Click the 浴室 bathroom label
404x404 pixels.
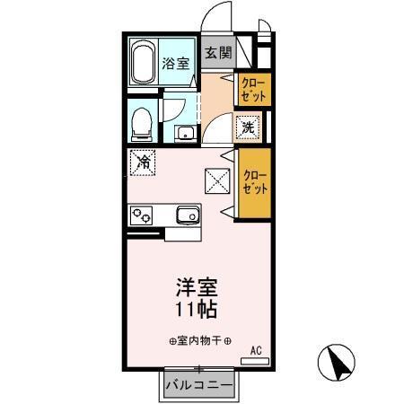click(x=176, y=63)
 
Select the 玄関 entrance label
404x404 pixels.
click(x=216, y=52)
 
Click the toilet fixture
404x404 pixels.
click(x=142, y=124)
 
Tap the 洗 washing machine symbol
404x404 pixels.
click(x=249, y=128)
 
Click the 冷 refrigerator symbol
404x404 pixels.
click(x=143, y=163)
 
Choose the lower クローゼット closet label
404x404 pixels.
click(x=255, y=182)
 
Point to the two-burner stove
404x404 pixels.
click(x=142, y=215)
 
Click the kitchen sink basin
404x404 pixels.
click(x=188, y=215)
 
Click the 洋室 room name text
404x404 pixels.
click(x=196, y=291)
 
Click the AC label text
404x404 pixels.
click(x=255, y=351)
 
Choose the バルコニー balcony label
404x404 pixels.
click(x=199, y=385)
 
